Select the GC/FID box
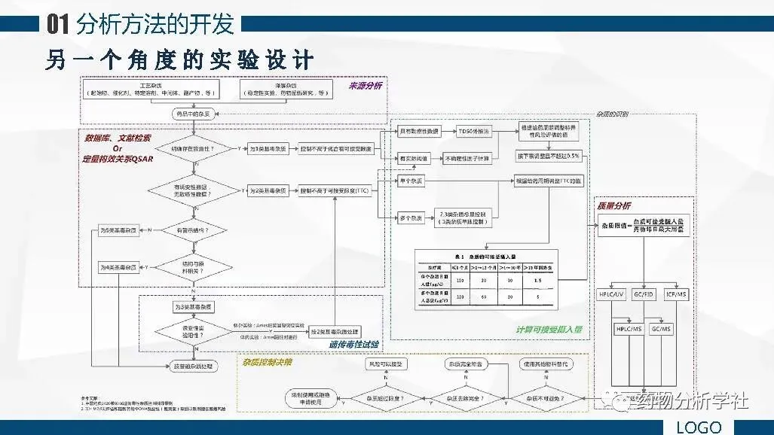coord(644,294)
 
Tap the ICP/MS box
coord(675,294)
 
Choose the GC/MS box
coord(660,330)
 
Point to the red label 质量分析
coord(614,205)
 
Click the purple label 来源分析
coord(365,86)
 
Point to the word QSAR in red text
coord(136,160)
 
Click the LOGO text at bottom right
coord(699,427)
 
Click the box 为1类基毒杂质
coord(268,149)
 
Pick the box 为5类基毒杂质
coord(118,229)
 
